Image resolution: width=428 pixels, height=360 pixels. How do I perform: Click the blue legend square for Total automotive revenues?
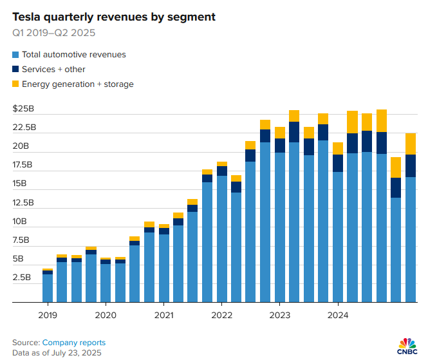coord(15,55)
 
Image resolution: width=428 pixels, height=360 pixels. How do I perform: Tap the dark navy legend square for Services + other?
coord(15,70)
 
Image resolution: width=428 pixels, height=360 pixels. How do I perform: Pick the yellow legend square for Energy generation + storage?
coord(15,84)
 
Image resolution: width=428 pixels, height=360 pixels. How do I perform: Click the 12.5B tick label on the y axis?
coord(27,203)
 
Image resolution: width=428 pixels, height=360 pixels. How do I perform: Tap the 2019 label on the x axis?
coord(48,315)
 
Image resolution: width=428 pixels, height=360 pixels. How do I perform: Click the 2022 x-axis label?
coord(221,315)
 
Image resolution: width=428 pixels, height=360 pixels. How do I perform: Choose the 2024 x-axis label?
coord(338,315)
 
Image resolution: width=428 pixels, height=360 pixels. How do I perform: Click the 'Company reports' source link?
coord(74,343)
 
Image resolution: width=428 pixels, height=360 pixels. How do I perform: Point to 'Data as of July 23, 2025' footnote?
coord(57,352)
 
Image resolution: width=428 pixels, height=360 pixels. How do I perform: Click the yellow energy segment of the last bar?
coord(411,144)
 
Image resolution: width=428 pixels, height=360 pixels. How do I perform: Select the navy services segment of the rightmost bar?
coord(411,166)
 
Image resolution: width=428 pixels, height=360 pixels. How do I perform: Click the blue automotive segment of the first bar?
coord(48,288)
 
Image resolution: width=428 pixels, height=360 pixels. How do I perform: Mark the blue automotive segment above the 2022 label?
coord(221,238)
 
